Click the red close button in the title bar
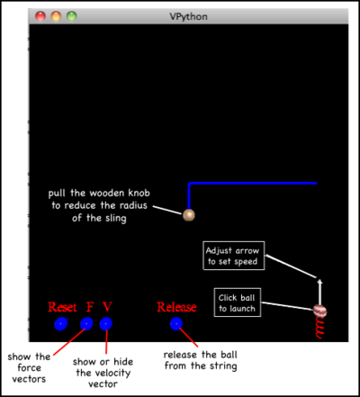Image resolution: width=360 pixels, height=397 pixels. (x=40, y=16)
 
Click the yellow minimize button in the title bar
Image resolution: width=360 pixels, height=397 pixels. (x=56, y=16)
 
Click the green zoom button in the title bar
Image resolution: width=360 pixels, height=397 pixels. (x=72, y=16)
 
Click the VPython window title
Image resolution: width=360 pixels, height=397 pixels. (x=188, y=16)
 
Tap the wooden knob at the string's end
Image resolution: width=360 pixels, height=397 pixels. (x=189, y=215)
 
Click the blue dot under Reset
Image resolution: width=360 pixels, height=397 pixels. (x=61, y=324)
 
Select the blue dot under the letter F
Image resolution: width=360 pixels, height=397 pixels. (x=86, y=324)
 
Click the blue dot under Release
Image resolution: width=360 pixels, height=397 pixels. (x=176, y=324)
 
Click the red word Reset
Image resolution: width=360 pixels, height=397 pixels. (x=62, y=307)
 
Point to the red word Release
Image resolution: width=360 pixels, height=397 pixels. (x=176, y=307)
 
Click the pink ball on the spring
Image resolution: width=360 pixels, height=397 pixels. (x=319, y=311)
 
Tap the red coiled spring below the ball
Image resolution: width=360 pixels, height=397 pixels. (x=320, y=328)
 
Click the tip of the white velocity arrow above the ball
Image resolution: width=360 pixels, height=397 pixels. (x=319, y=279)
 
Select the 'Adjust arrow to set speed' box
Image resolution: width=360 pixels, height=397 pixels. (x=234, y=256)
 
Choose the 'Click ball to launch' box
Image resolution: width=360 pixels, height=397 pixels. (x=238, y=302)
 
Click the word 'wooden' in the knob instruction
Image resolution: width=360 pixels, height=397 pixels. (x=107, y=193)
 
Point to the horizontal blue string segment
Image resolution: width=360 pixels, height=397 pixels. (x=253, y=183)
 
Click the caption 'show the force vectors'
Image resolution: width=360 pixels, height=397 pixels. (x=29, y=368)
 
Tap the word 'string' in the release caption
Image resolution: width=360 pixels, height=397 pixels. (x=223, y=366)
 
